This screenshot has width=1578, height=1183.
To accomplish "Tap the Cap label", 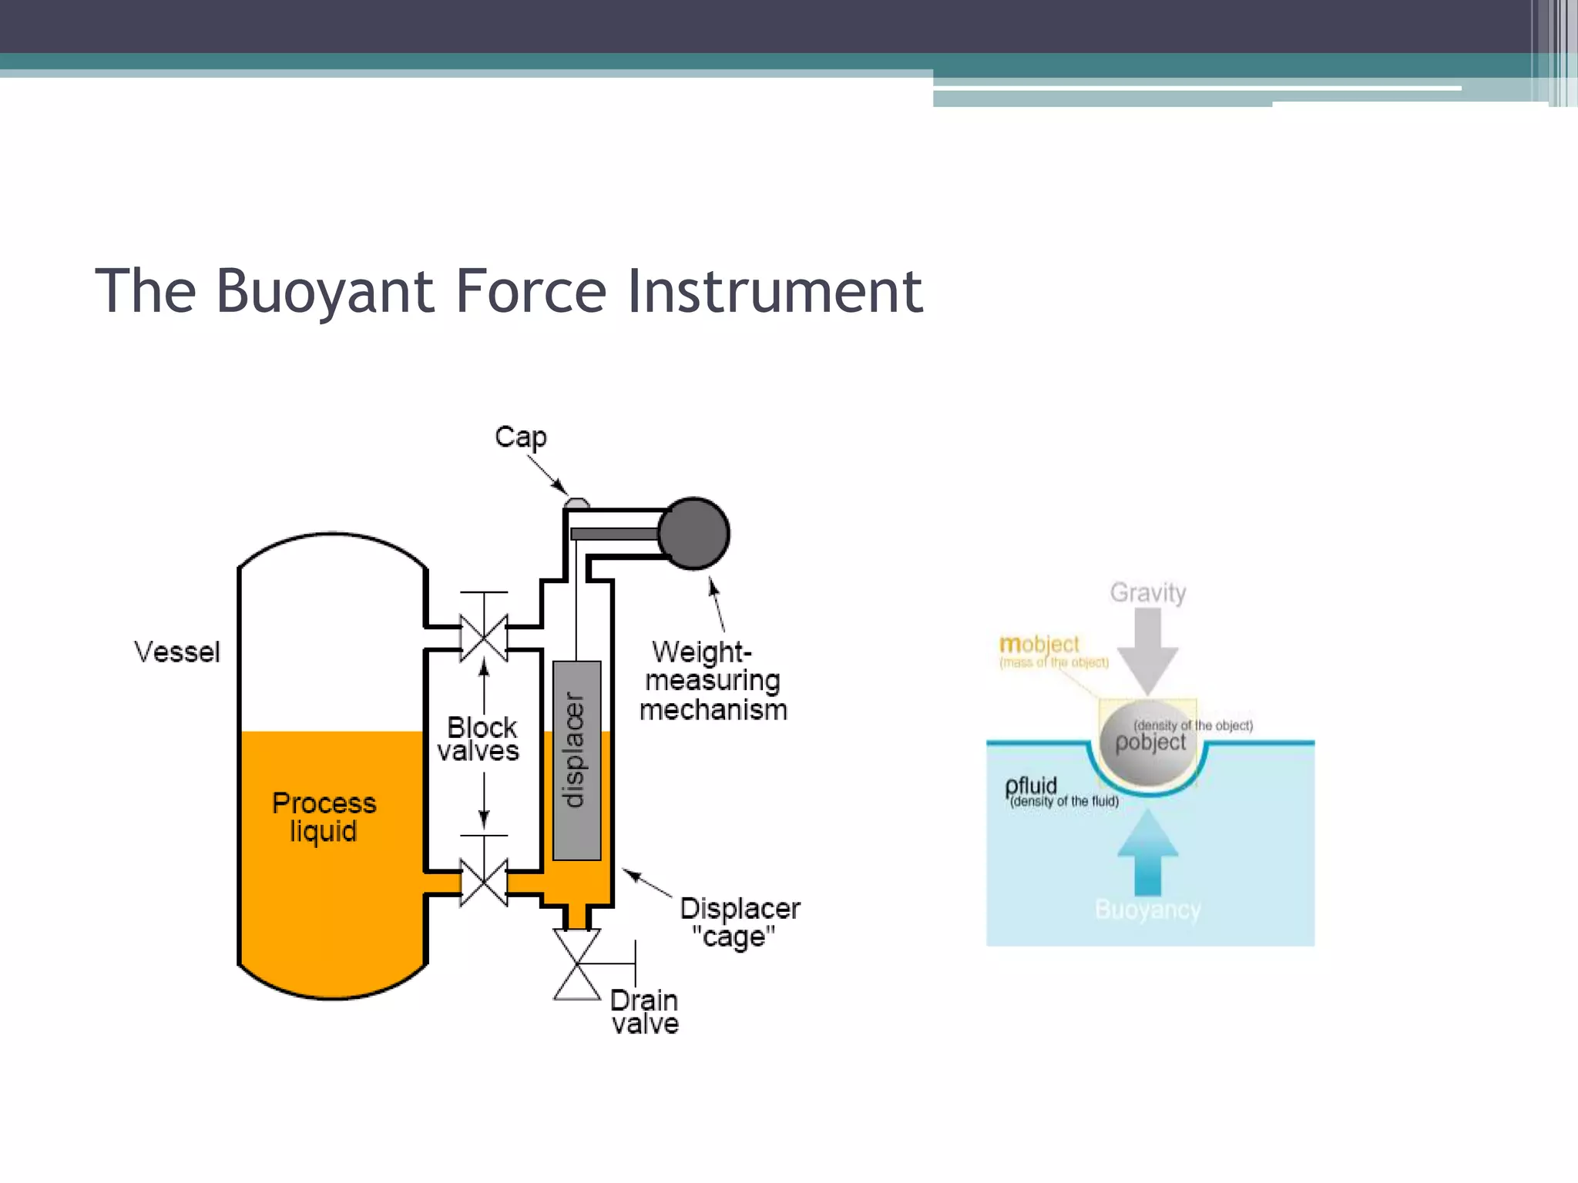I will pos(520,437).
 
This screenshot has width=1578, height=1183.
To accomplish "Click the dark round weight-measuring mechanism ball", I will pos(694,534).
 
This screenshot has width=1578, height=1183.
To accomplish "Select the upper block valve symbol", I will pos(483,638).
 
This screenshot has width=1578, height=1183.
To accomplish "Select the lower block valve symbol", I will pos(483,883).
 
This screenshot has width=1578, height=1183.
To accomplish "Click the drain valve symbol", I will pos(577,963).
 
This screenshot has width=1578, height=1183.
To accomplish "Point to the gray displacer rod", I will pos(576,759).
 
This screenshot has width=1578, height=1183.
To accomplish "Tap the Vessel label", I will pos(176,652).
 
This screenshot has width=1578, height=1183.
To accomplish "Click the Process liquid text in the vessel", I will pos(324,817).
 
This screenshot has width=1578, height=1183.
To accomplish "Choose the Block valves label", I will pos(480,739).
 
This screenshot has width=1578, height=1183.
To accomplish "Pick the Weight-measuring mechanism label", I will pos(713,681).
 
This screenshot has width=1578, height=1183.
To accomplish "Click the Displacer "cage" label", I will pos(739,923).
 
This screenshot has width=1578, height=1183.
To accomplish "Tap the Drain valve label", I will pos(645,1011).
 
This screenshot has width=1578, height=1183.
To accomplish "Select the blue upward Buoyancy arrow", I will pos(1147,852).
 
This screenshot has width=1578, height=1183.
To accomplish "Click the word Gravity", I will pos(1147,592).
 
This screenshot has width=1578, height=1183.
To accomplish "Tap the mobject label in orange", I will pos(1039,644).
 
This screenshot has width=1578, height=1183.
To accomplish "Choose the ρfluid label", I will pos(1031,786).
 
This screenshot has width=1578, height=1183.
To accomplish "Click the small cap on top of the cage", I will pos(577,504).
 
